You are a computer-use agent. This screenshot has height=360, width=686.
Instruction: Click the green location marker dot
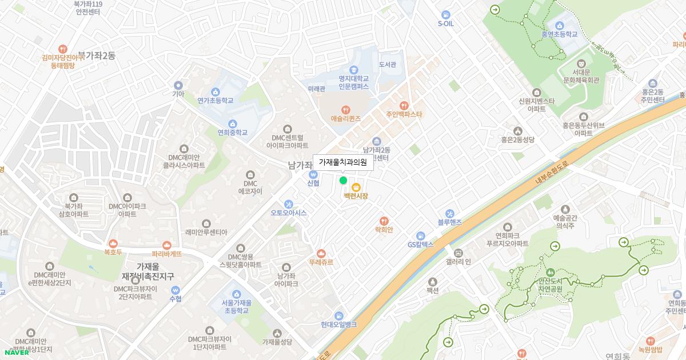coord(343,181)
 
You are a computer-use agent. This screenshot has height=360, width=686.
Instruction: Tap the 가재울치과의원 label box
coord(343,162)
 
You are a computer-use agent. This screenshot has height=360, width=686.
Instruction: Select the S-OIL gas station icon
coord(445,15)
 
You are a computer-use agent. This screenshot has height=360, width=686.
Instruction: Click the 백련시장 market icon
coord(356,187)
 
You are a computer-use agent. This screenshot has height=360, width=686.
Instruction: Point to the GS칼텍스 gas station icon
coord(421,235)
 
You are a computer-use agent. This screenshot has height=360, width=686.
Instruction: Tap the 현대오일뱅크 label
coord(338,325)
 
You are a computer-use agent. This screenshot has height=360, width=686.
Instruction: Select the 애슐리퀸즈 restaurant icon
coord(345,110)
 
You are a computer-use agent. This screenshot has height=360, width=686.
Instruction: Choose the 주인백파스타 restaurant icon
coord(404,105)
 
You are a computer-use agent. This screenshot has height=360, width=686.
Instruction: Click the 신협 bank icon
coord(313,174)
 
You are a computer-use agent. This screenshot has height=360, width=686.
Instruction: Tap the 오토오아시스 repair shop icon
coord(289,204)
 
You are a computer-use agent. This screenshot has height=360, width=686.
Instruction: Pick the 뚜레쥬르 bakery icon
coord(321,253)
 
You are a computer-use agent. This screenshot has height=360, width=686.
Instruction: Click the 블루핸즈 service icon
coord(449,213)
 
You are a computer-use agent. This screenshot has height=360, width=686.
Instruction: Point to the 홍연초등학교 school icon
coord(559,25)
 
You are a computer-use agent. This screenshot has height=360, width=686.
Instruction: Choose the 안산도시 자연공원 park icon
coord(550,272)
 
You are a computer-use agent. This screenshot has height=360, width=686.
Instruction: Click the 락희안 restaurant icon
coord(384,221)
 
